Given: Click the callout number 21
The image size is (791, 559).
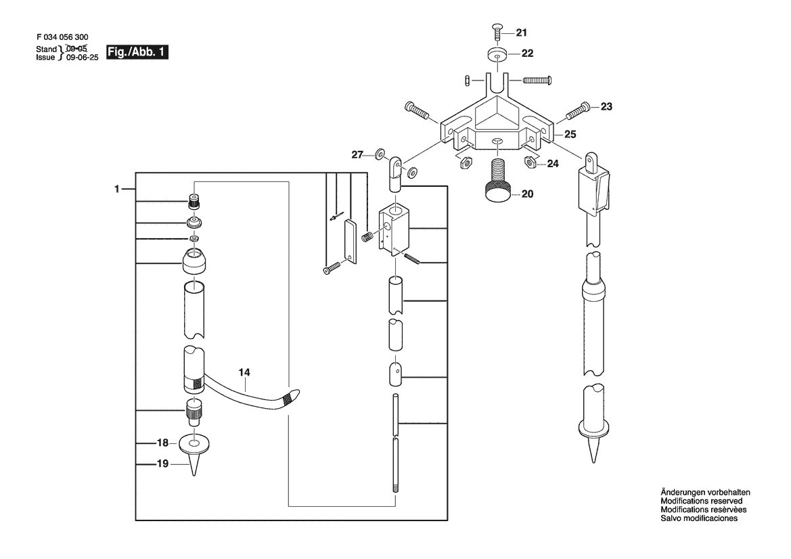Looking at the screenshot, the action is [521, 32].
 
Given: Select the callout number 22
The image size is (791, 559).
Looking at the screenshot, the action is [527, 53].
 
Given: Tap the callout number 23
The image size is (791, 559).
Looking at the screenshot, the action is [606, 106].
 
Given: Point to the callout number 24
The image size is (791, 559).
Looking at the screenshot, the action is [553, 164].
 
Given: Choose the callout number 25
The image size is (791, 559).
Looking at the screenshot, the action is [570, 134].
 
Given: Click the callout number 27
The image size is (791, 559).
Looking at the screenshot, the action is [357, 155].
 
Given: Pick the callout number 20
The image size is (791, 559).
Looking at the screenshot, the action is [527, 194].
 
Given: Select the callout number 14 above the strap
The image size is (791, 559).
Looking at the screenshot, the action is [244, 372].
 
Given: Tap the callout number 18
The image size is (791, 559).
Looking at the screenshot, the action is [162, 443].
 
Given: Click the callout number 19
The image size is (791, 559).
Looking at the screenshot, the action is [162, 463].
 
